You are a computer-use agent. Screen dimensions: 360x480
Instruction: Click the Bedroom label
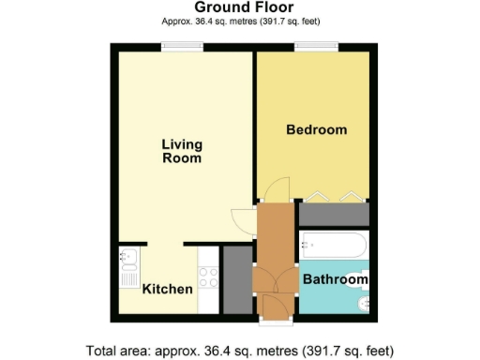[x=316, y=129]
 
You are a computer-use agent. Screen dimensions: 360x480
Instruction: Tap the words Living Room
[x=181, y=151]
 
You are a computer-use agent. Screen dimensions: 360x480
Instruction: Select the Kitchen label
[x=167, y=289]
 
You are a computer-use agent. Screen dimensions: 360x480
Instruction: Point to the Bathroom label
[x=335, y=279]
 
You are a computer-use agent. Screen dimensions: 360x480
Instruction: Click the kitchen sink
[x=128, y=266]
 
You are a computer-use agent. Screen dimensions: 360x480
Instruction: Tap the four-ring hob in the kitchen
[x=210, y=277]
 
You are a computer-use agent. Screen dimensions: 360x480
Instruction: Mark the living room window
[x=182, y=46]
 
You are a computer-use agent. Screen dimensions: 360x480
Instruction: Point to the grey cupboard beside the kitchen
[x=238, y=279]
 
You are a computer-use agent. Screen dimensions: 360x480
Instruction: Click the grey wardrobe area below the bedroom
[x=334, y=215]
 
